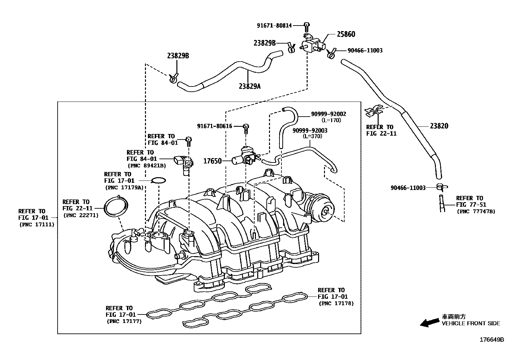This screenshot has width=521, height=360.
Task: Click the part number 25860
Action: tap(346, 34)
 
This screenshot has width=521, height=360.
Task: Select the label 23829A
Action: tap(250, 86)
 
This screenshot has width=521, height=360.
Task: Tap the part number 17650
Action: tap(213, 161)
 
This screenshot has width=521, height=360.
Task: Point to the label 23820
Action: tap(439, 126)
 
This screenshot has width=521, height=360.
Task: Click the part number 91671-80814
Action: tap(274, 25)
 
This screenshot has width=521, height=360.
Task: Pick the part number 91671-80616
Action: tap(214, 126)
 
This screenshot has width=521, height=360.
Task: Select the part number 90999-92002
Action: tap(328, 114)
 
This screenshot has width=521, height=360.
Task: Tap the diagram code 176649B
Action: tap(492, 340)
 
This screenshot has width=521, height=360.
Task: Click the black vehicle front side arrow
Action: tap(429, 323)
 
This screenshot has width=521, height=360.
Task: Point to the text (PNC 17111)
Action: tap(36, 224)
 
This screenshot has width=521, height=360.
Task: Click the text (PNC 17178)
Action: tap(336, 303)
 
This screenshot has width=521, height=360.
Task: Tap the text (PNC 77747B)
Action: tap(476, 211)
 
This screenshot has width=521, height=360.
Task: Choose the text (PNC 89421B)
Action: tap(147, 166)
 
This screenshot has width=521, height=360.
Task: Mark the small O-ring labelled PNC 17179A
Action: tap(159, 180)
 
